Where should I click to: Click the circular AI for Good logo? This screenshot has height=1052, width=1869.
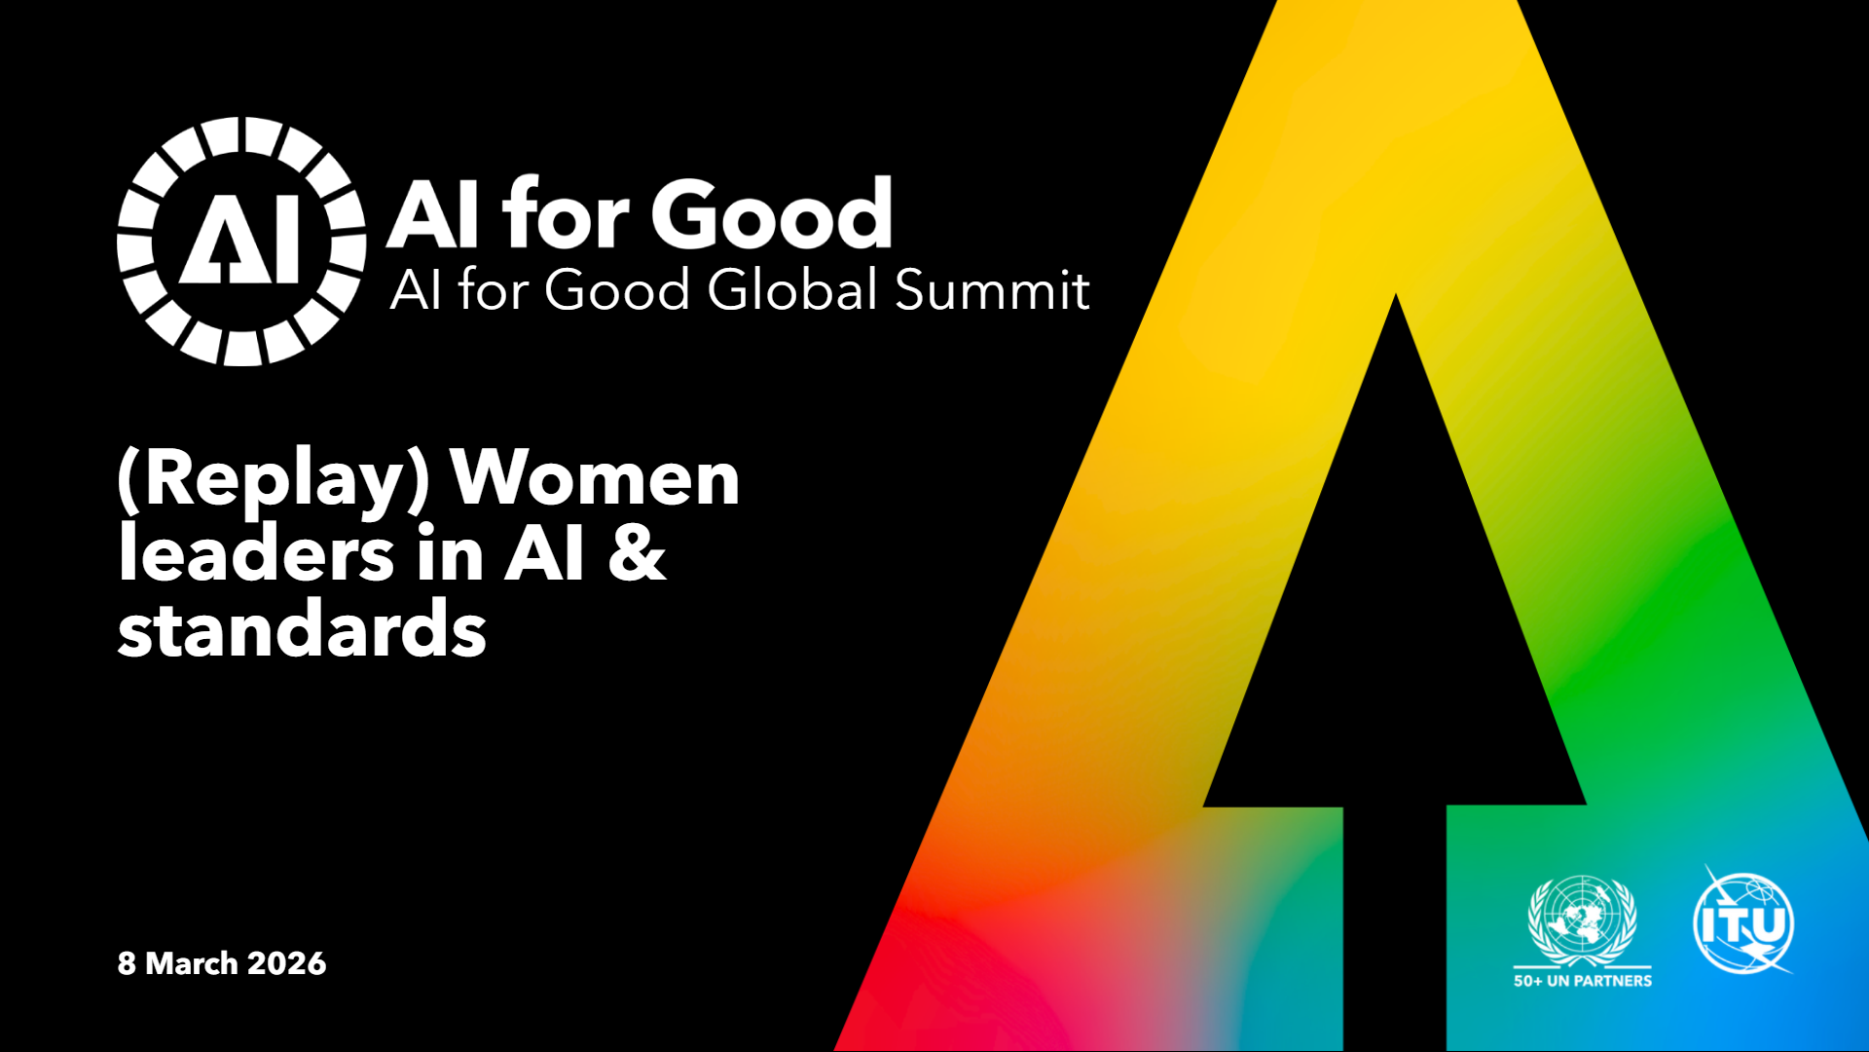pyautogui.click(x=241, y=242)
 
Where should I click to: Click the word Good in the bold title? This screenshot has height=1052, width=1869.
pyautogui.click(x=772, y=213)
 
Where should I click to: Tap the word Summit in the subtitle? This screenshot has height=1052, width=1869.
pyautogui.click(x=992, y=289)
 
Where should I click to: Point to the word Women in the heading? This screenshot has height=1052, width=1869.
pyautogui.click(x=595, y=478)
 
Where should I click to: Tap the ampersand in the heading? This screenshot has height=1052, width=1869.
pyautogui.click(x=638, y=554)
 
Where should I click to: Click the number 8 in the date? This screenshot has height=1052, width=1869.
pyautogui.click(x=127, y=963)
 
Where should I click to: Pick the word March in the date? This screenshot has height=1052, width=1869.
pyautogui.click(x=192, y=963)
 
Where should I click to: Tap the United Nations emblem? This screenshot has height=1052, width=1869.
pyautogui.click(x=1583, y=921)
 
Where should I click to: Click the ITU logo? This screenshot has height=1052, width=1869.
pyautogui.click(x=1743, y=920)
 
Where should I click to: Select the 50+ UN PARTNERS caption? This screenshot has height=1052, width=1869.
pyautogui.click(x=1583, y=981)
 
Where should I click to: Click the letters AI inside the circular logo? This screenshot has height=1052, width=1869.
pyautogui.click(x=239, y=243)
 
